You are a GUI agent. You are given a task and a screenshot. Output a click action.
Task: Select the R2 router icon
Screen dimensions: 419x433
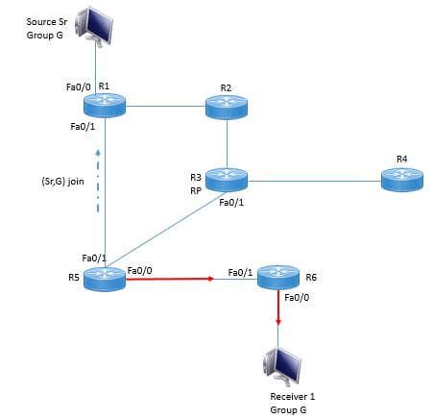click(x=227, y=107)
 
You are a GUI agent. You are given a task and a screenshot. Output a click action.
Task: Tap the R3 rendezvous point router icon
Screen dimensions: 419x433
click(x=227, y=179)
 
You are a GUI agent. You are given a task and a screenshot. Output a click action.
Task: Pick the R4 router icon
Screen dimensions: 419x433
click(x=401, y=178)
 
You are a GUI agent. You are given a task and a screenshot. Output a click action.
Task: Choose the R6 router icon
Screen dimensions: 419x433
click(x=278, y=279)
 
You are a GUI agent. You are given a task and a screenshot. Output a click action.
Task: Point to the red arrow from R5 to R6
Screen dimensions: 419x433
click(x=168, y=280)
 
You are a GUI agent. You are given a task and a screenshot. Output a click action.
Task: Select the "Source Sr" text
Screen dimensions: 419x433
click(x=44, y=21)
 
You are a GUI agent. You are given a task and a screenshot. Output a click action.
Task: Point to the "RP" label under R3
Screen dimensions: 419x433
click(x=195, y=190)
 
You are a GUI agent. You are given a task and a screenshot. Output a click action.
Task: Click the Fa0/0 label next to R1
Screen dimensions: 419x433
click(x=77, y=87)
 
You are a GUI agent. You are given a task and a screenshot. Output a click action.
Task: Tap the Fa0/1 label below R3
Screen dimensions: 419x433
click(x=231, y=203)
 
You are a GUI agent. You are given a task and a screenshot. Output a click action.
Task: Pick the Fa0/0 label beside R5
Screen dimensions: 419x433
click(x=139, y=270)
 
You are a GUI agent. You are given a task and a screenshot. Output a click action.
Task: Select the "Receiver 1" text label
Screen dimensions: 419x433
click(x=289, y=396)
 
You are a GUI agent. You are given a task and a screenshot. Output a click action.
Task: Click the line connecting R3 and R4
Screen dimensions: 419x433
click(x=313, y=179)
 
